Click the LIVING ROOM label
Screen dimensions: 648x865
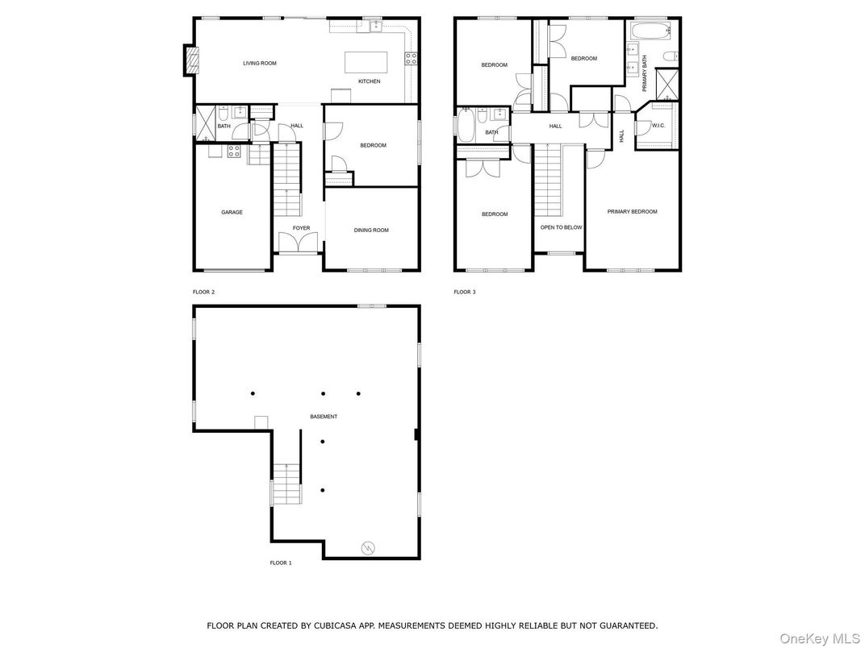(260, 63)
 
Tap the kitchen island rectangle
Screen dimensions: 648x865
(366, 62)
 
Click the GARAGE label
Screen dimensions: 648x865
(232, 213)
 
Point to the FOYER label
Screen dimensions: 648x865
(301, 229)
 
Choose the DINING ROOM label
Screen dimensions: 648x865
(371, 231)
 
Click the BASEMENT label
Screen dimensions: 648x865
(324, 417)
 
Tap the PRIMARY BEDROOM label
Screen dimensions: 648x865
(632, 212)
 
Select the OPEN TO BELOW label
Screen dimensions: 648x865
(561, 227)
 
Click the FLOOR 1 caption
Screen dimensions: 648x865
(280, 563)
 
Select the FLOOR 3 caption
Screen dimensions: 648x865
(464, 292)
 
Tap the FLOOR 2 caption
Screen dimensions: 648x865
(203, 292)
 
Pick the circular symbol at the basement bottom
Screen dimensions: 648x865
(368, 548)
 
